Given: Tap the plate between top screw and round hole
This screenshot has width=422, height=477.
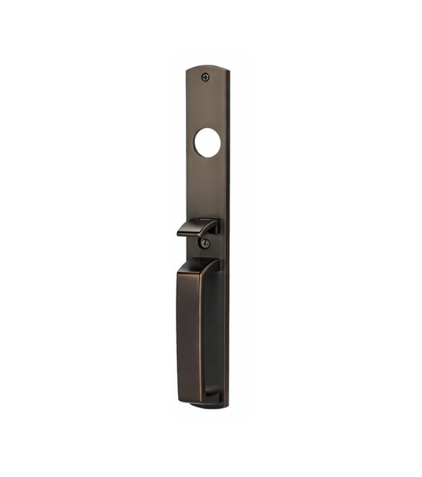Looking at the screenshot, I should [207, 104].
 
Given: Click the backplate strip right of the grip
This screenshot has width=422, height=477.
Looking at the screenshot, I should [223, 331].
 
